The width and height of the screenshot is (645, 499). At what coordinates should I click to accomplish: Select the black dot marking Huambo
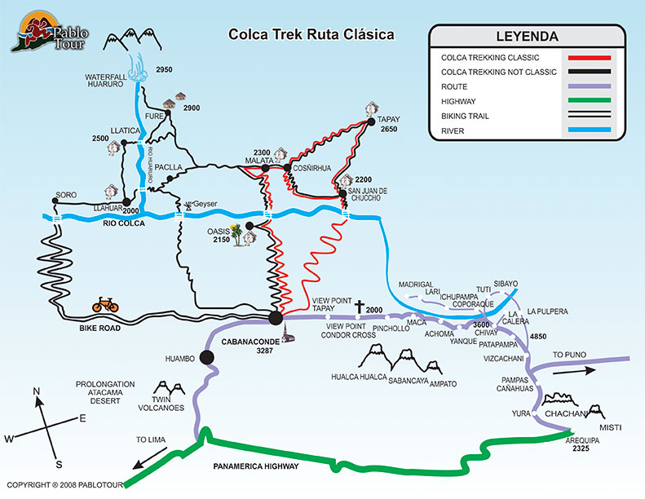[206, 356]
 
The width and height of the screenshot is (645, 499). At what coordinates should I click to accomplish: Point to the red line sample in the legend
[583, 58]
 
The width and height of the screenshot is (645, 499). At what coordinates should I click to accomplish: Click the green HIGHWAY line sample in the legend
[583, 101]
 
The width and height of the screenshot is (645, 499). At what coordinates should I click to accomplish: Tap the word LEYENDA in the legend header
[527, 37]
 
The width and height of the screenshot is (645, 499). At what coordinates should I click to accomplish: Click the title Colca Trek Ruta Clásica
[310, 35]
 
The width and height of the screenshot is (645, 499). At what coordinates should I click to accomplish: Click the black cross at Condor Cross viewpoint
[359, 306]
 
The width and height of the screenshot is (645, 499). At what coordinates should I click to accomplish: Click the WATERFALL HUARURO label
[110, 82]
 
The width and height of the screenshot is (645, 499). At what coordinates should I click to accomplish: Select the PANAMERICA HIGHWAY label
[256, 466]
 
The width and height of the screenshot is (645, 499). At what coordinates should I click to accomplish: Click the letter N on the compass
[36, 391]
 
